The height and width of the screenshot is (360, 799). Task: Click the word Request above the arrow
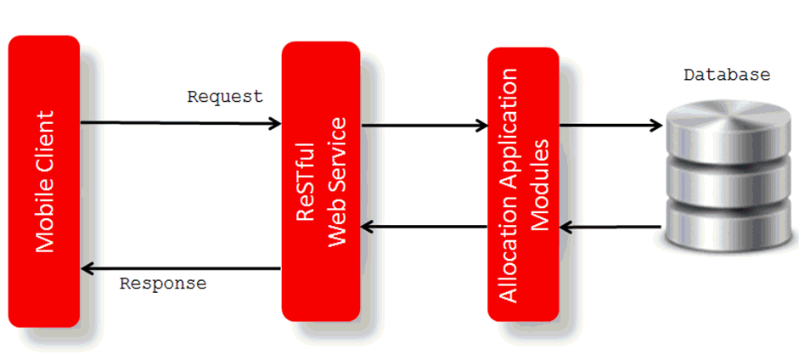click(x=225, y=96)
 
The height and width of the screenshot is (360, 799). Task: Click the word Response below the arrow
click(x=163, y=284)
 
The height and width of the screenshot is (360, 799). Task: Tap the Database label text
click(x=727, y=75)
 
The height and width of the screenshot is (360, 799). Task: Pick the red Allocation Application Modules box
click(x=523, y=183)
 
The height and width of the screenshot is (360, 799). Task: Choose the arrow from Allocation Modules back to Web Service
click(x=425, y=227)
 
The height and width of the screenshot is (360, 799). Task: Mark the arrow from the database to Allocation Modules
click(x=611, y=227)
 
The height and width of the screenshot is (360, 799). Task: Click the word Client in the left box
click(x=45, y=140)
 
